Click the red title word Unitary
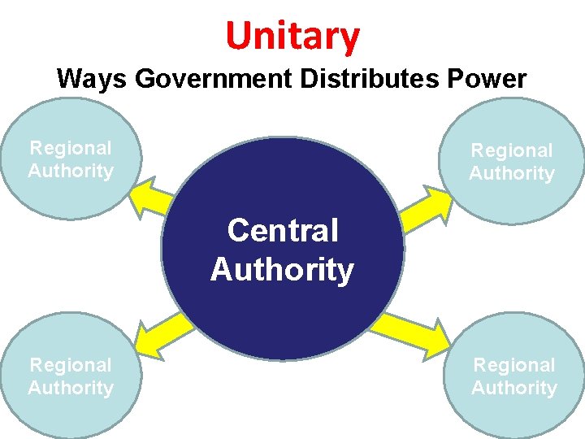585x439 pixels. (x=292, y=35)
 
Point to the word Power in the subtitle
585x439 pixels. (x=491, y=79)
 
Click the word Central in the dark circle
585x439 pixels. (x=282, y=231)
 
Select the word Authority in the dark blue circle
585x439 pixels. (x=282, y=270)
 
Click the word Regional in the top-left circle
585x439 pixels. (x=71, y=148)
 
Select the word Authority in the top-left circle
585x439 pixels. (x=71, y=171)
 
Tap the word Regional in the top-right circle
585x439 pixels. (x=512, y=150)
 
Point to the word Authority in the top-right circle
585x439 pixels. (x=512, y=173)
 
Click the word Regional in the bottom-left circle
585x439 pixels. (x=71, y=365)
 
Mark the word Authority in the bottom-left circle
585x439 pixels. (x=71, y=388)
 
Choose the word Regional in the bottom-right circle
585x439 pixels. (x=514, y=365)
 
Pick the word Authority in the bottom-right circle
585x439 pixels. (x=514, y=388)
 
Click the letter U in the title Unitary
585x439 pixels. (x=240, y=36)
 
